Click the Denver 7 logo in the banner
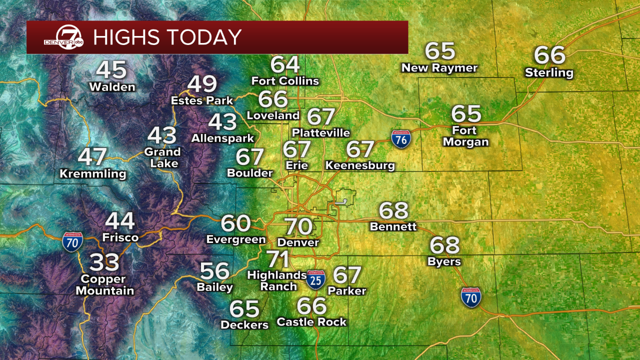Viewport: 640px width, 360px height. (x=63, y=37)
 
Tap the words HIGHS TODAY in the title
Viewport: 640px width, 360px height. (x=167, y=37)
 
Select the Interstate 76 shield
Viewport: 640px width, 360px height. (x=401, y=138)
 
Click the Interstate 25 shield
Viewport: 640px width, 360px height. (x=315, y=280)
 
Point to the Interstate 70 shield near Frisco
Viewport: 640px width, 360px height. (x=72, y=241)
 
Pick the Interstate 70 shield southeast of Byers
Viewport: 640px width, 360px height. (x=471, y=296)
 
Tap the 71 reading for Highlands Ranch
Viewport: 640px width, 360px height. (x=278, y=259)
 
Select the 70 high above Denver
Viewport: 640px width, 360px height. (x=298, y=226)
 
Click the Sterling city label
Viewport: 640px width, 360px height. (x=549, y=73)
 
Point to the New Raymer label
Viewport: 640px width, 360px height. (x=439, y=68)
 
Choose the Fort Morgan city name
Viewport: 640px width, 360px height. (x=464, y=136)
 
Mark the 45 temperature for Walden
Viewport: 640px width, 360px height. (x=111, y=70)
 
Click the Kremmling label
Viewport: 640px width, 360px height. (x=93, y=174)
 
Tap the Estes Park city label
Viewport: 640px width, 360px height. (x=202, y=100)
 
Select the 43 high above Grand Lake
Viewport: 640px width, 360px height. (x=162, y=135)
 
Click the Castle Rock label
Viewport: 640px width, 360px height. (x=311, y=322)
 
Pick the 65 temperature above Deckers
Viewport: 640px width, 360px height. (x=244, y=309)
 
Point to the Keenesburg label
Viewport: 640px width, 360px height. (x=360, y=165)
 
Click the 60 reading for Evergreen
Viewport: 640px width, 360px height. (x=235, y=223)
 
